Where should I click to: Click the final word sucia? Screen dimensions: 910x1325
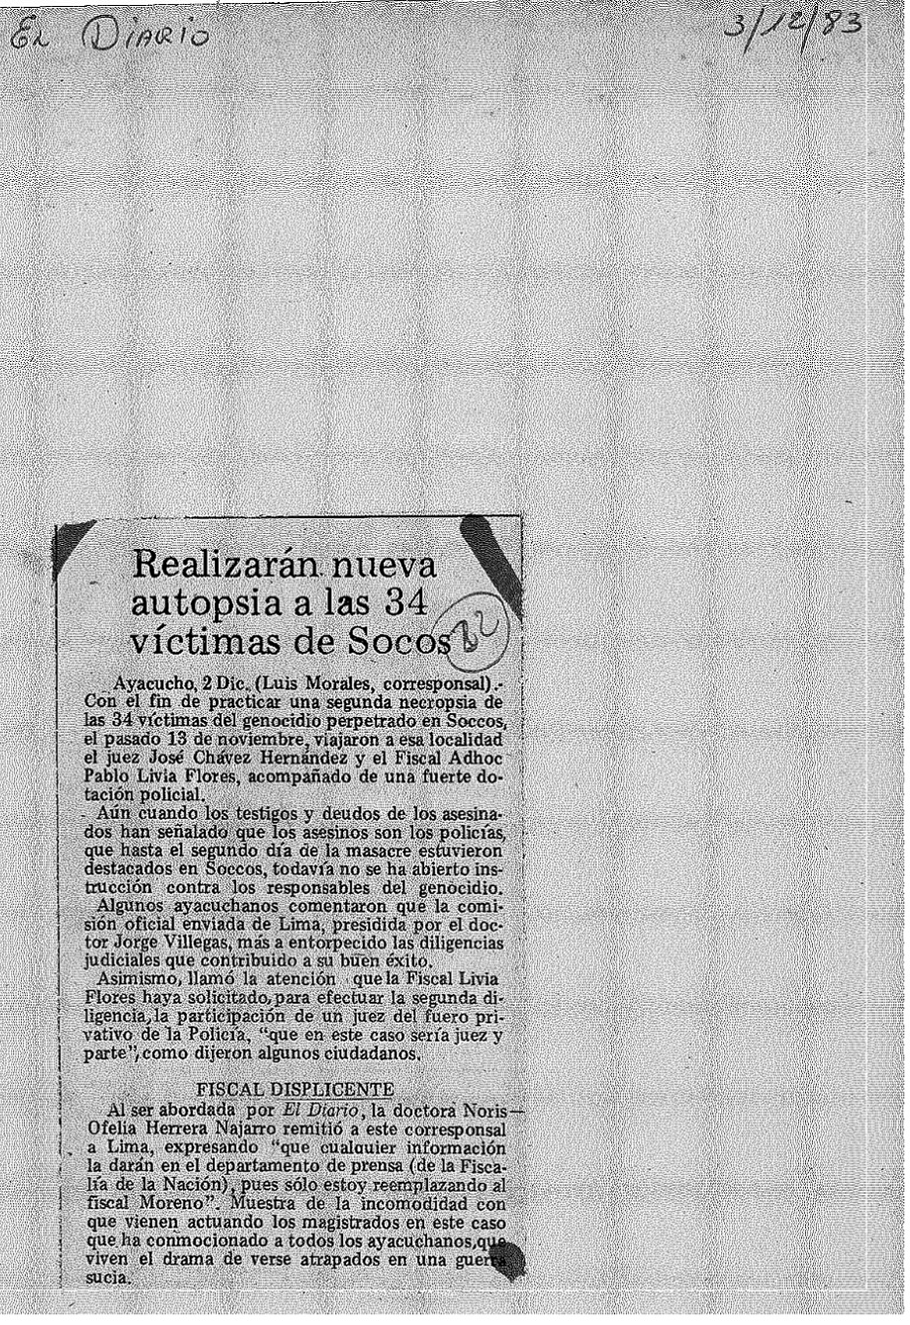(103, 1277)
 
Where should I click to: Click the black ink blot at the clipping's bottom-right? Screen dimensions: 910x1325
(506, 1261)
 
